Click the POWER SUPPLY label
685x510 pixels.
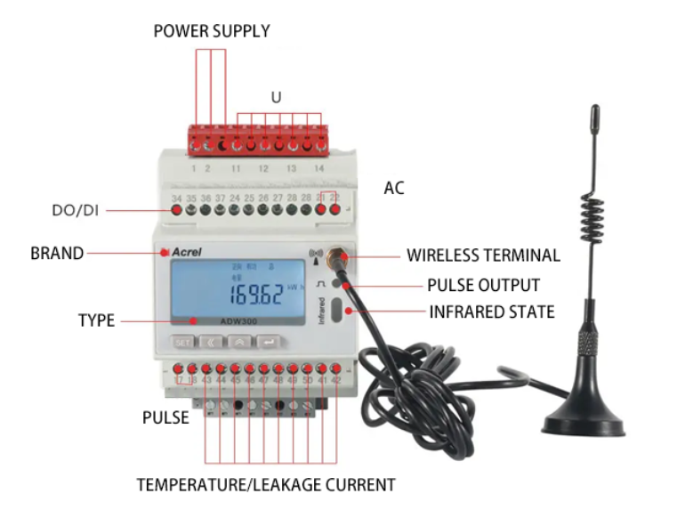[x=212, y=31]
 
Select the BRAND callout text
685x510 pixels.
[x=57, y=254]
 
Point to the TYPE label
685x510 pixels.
[x=96, y=320]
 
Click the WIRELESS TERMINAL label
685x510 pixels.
[x=483, y=255]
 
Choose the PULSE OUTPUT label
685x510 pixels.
[x=483, y=286]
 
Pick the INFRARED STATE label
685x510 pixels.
[x=491, y=312]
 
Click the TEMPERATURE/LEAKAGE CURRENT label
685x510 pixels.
[x=265, y=485]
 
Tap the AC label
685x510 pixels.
[x=393, y=189]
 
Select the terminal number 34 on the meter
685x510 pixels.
[x=177, y=197]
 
